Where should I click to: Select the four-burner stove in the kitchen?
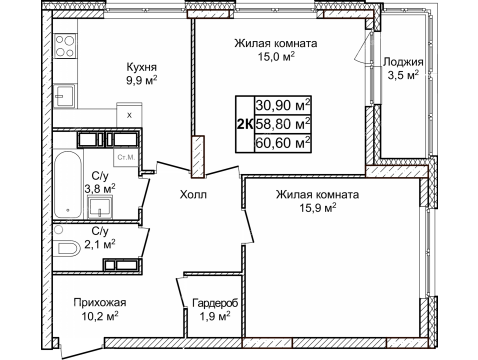(x=66, y=45)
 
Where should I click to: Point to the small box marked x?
(x=130, y=115)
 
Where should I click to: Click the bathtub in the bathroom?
(x=68, y=185)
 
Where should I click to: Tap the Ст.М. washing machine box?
(x=127, y=157)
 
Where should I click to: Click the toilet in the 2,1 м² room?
(x=67, y=247)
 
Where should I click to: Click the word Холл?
(x=194, y=196)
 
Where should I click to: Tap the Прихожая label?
(x=99, y=302)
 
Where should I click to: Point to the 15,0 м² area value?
(x=276, y=57)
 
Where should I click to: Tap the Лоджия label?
(x=404, y=61)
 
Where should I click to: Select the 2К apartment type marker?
(x=243, y=123)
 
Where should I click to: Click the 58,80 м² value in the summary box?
(x=283, y=123)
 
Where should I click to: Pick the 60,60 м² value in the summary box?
(x=283, y=142)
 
